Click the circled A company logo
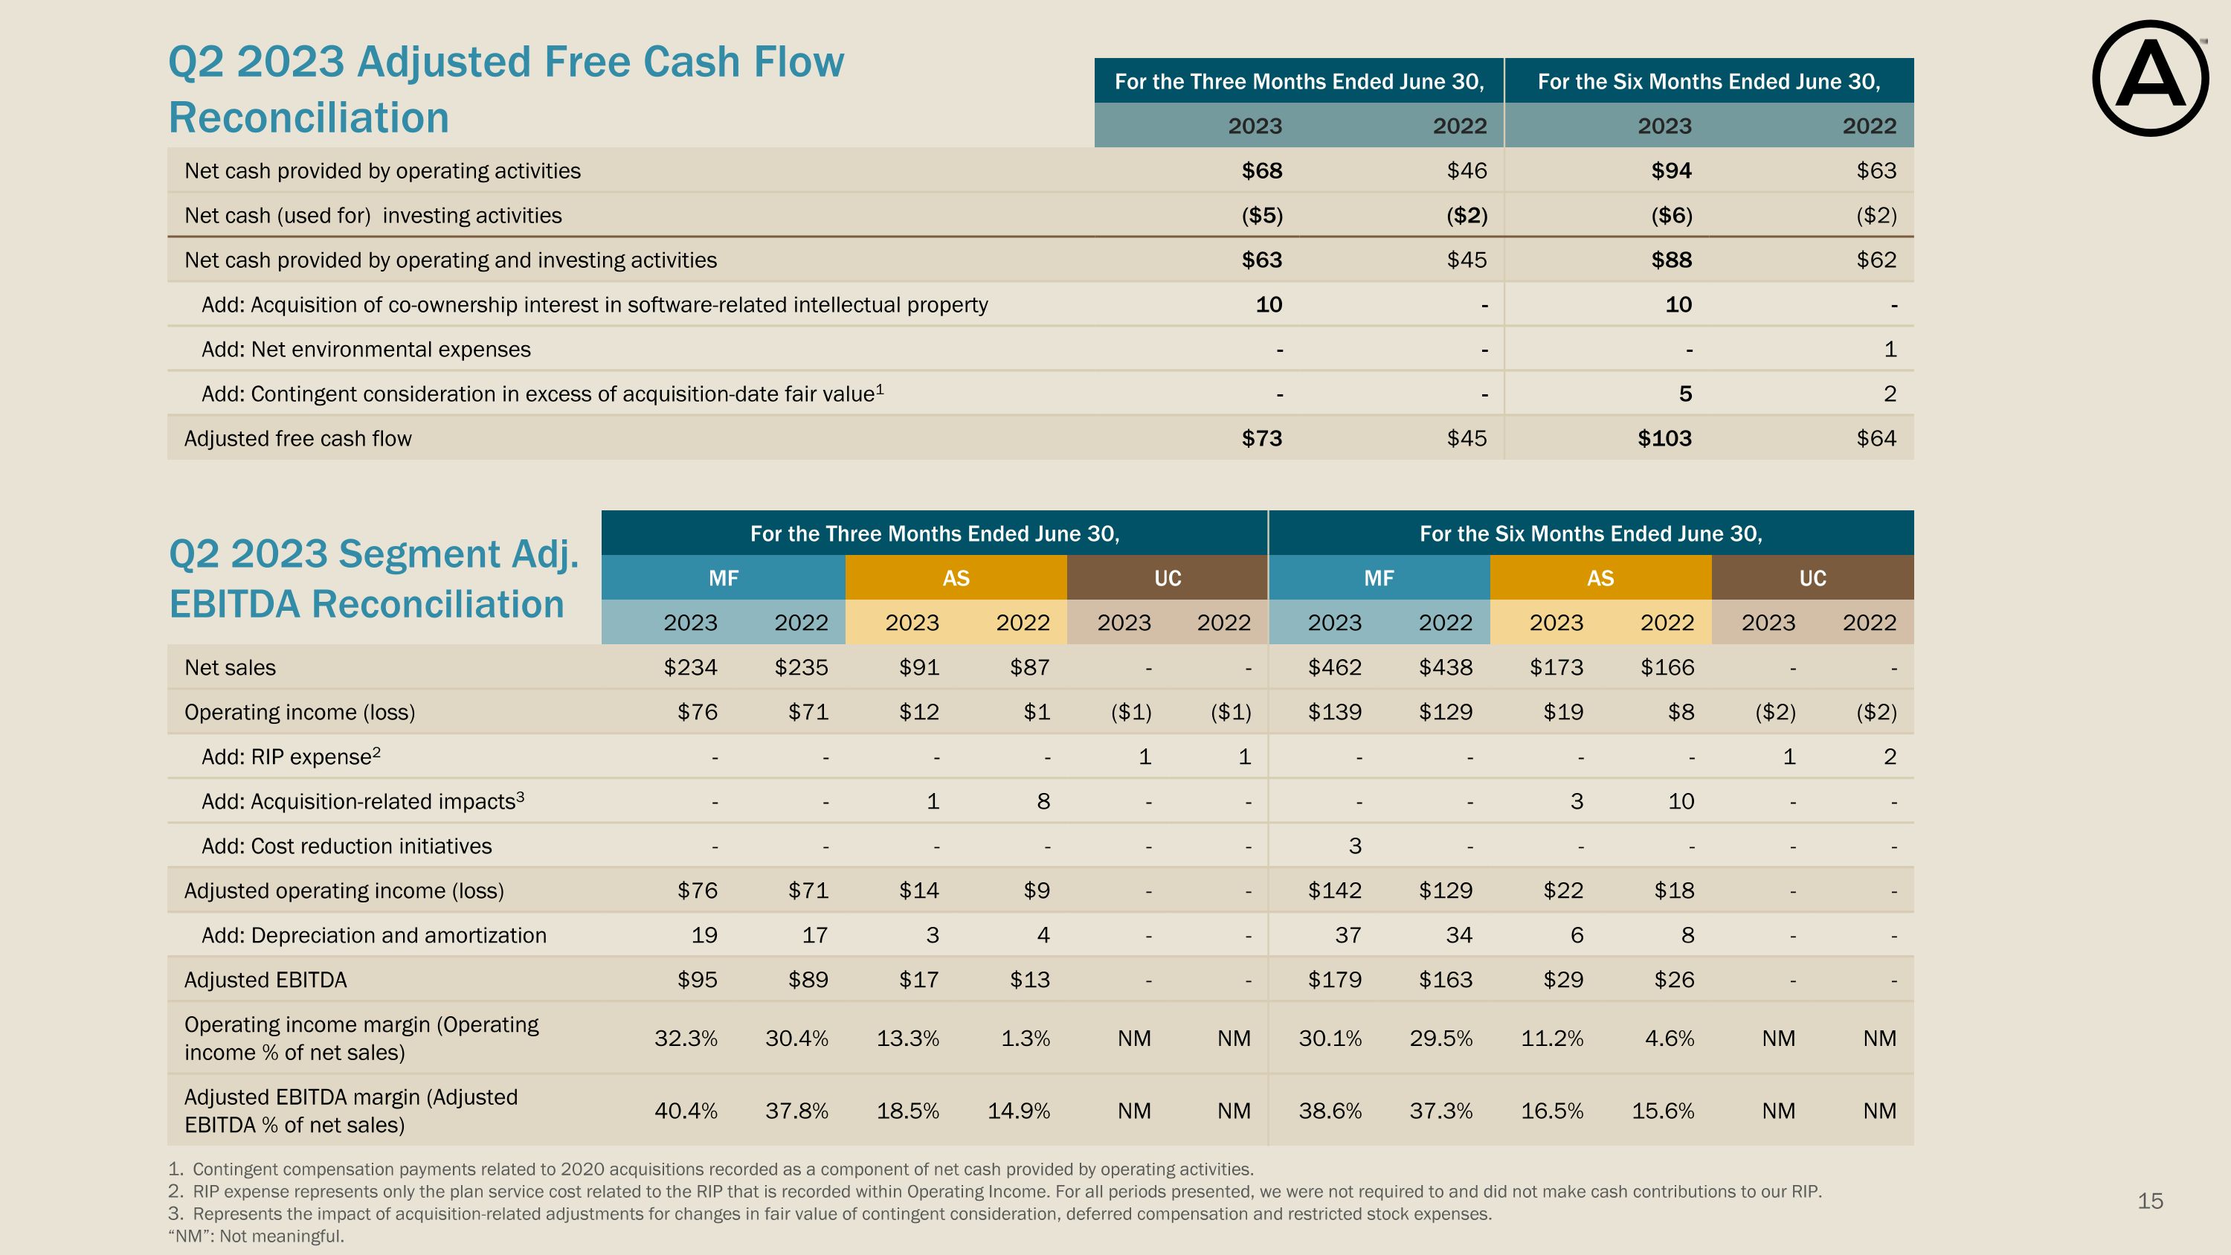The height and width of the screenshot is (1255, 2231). point(2150,78)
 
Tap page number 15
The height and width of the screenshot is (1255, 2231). point(2150,1201)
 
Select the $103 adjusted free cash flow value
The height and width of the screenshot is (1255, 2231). point(1664,438)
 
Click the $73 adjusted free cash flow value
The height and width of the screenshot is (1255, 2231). point(1262,438)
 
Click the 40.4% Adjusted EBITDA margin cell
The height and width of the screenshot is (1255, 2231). point(686,1111)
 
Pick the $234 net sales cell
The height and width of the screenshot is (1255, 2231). point(690,667)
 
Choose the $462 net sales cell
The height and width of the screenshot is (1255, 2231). point(1335,667)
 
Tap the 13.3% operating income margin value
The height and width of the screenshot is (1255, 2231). point(907,1038)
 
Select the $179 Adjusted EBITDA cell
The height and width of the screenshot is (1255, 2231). point(1335,980)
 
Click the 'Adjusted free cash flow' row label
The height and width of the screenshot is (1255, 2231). point(298,438)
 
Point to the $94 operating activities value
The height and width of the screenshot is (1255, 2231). point(1672,170)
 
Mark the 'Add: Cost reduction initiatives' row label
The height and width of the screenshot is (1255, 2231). point(347,846)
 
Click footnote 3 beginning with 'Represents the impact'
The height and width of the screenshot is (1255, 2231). point(830,1213)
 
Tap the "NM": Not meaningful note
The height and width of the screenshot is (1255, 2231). point(257,1236)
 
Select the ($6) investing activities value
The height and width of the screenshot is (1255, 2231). point(1672,216)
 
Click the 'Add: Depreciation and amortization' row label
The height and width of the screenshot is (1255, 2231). point(374,935)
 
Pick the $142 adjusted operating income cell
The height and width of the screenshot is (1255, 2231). point(1335,890)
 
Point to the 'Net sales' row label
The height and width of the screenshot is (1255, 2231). point(231,667)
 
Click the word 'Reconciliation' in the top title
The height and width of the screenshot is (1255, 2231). point(309,118)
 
